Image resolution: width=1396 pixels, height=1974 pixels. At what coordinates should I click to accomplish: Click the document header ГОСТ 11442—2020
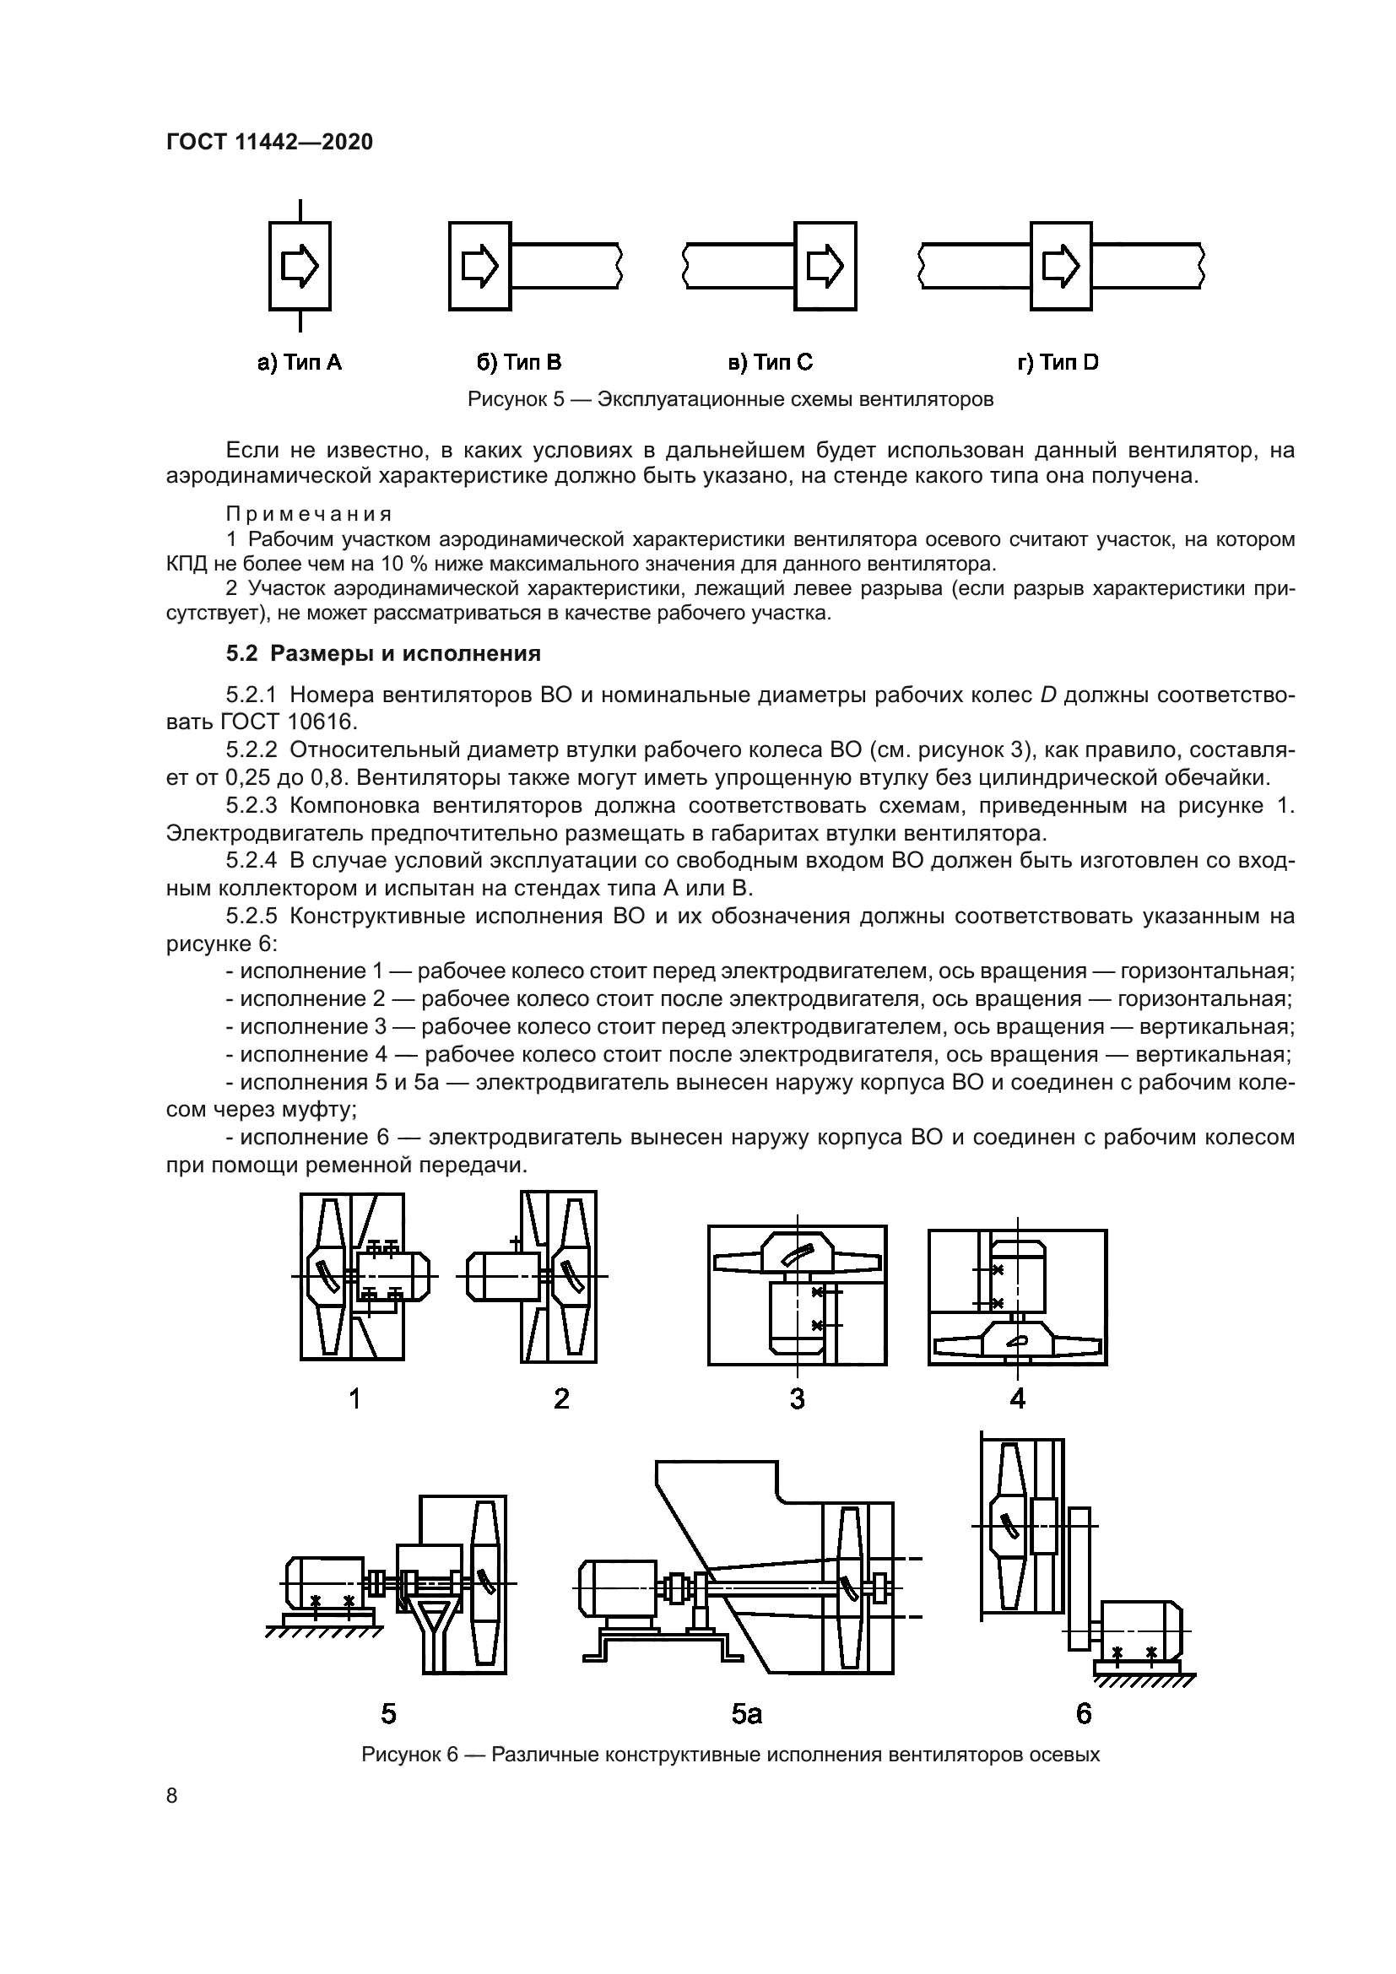(269, 142)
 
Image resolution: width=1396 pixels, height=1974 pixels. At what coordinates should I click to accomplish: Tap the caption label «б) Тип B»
(518, 363)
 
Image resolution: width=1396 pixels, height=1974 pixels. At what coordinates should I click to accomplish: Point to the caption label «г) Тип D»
(1058, 363)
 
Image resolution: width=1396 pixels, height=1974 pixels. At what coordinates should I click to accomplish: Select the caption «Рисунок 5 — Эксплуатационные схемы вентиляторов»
(730, 400)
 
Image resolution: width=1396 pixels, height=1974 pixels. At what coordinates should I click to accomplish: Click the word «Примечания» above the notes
(309, 514)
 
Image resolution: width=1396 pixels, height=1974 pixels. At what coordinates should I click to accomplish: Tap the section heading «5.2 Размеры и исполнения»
(383, 653)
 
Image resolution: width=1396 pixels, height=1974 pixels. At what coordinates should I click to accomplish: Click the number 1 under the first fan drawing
(354, 1398)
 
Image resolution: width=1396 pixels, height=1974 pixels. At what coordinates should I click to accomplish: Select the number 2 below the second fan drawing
(561, 1398)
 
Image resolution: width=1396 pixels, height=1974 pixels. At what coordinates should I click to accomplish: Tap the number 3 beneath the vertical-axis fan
(797, 1398)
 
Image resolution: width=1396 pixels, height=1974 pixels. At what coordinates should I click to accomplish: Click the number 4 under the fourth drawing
(1017, 1398)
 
